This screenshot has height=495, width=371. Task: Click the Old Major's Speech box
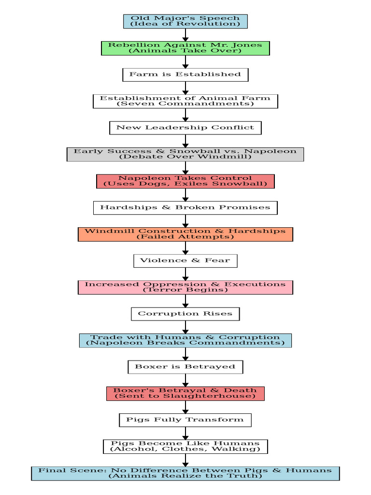tap(185, 21)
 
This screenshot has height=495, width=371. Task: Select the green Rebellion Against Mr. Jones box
tap(185, 48)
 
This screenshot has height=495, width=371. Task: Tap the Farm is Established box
tap(185, 74)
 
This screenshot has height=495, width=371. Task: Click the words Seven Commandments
tap(185, 104)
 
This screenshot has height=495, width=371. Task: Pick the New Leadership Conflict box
tap(185, 128)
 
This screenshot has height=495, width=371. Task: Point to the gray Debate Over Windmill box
tap(185, 154)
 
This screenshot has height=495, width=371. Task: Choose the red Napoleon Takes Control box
tap(185, 181)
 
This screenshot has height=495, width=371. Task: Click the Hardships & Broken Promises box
tap(185, 207)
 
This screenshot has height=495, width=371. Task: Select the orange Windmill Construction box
tap(185, 234)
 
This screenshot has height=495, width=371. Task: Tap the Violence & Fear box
tap(185, 261)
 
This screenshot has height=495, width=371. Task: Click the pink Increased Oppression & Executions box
tap(185, 287)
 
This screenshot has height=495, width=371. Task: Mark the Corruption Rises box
tap(185, 314)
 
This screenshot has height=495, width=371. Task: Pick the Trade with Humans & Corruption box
tap(185, 340)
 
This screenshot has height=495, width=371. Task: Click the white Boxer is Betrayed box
tap(185, 367)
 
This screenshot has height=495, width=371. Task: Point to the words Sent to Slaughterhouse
tap(185, 396)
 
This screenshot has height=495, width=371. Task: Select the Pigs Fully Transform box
tap(185, 420)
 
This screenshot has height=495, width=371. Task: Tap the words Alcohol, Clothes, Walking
tap(185, 450)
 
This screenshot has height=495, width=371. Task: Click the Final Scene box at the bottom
tap(185, 473)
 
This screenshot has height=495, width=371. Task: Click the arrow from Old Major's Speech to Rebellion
tap(185, 35)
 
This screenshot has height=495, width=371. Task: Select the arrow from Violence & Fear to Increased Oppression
tap(185, 274)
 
